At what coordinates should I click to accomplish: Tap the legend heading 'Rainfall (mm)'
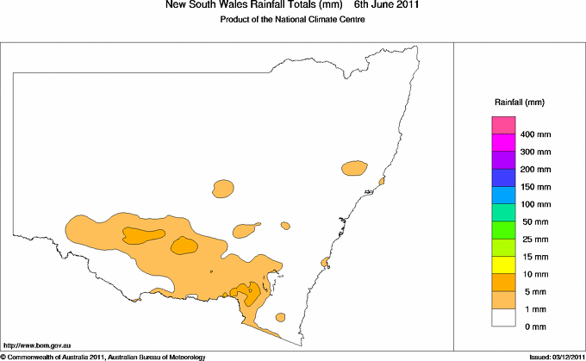(519, 103)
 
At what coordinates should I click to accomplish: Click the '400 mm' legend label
(537, 135)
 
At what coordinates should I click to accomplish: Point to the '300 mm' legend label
(537, 152)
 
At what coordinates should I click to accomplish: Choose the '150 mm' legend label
(537, 187)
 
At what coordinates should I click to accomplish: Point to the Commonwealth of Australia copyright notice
(103, 356)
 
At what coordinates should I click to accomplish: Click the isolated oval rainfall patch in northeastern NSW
(353, 167)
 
